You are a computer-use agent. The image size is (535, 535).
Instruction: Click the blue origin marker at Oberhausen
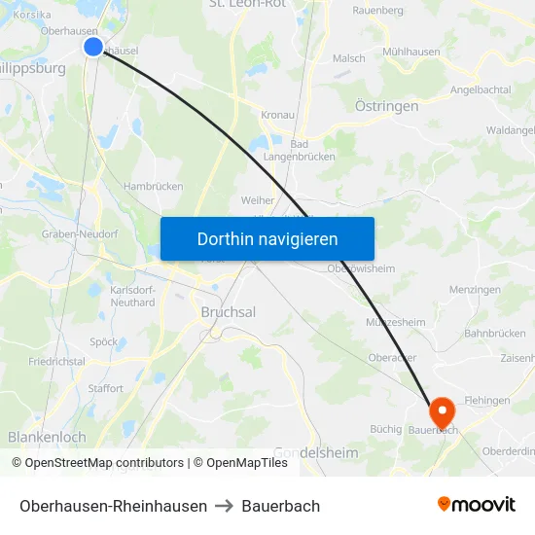[x=93, y=47]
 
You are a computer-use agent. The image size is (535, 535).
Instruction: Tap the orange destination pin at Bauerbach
[x=441, y=411]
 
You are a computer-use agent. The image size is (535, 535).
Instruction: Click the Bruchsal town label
[x=228, y=312]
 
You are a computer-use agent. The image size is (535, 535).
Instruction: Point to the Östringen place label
[x=387, y=106]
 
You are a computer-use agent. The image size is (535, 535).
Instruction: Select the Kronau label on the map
[x=277, y=115]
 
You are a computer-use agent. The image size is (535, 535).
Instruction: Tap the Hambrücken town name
[x=153, y=186]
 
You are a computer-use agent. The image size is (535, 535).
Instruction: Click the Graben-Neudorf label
[x=80, y=234]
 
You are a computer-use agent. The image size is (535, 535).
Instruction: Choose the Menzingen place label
[x=475, y=290]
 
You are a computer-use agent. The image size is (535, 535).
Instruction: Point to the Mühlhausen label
[x=411, y=52]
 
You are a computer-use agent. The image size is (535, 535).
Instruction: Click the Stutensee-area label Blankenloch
[x=47, y=438]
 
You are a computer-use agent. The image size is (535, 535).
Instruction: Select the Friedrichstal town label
[x=56, y=361]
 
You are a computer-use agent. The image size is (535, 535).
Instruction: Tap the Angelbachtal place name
[x=481, y=89]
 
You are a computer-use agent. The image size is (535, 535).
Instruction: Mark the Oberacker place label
[x=393, y=356]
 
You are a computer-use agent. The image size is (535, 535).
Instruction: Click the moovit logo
[x=477, y=504]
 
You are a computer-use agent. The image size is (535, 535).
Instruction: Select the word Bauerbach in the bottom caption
[x=281, y=506]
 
